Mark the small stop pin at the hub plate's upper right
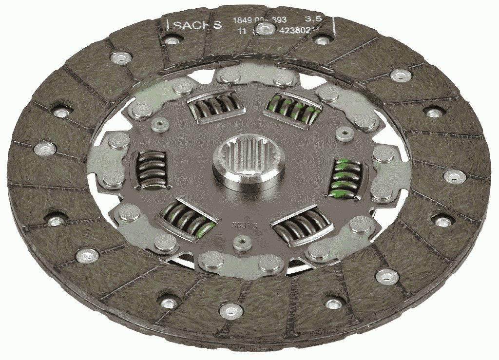(345, 132)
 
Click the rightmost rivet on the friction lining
(454, 176)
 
